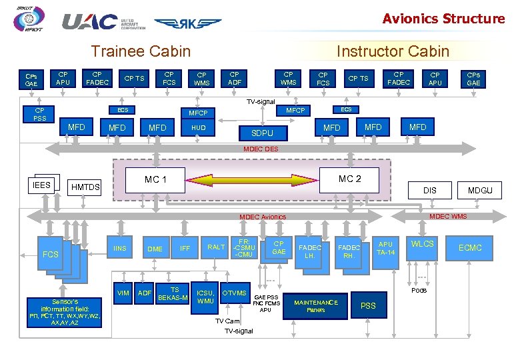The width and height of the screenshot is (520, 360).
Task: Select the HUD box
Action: [199, 127]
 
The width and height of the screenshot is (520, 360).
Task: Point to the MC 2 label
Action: [349, 179]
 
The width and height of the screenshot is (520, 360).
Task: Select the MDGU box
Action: [480, 190]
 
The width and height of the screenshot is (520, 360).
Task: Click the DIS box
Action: [430, 190]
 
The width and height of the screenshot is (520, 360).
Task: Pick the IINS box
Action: [119, 248]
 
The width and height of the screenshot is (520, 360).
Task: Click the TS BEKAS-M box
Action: [175, 293]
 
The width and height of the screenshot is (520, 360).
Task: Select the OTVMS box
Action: [234, 293]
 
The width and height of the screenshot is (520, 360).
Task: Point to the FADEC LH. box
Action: [309, 251]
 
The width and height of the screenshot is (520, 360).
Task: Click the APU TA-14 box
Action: [385, 248]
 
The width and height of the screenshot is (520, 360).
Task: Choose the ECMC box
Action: [470, 248]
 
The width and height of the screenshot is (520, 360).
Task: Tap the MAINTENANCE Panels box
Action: [316, 306]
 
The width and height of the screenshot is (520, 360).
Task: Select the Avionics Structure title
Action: [443, 19]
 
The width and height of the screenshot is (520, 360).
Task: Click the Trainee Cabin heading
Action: [141, 51]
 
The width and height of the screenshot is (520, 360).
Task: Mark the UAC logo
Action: [90, 22]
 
